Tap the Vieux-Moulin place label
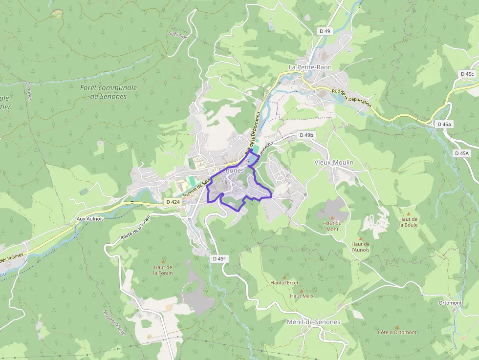coord(333,162)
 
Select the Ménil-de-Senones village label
coord(313,322)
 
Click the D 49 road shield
coord(325,31)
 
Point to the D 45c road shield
coord(467,74)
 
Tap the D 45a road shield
coord(444,125)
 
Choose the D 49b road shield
coord(306,135)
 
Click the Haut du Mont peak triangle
coord(332,217)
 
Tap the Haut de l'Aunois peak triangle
coord(360,238)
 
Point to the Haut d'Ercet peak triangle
coord(285,277)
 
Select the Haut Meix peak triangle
coord(301,291)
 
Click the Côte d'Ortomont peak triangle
coord(397,327)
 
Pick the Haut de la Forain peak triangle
coord(163,261)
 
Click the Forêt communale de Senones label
coord(109,92)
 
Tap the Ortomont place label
coord(450,303)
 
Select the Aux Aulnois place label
coord(90,219)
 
